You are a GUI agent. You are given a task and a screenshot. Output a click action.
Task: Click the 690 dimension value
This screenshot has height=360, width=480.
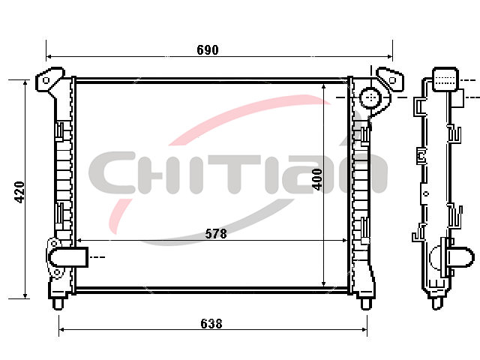pos(208,50)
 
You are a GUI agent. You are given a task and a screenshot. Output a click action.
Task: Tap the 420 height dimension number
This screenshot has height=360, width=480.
pos(19,192)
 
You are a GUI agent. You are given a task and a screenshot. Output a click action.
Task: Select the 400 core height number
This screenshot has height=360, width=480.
pos(317,179)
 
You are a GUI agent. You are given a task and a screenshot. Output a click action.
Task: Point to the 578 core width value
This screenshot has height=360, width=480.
pos(216,233)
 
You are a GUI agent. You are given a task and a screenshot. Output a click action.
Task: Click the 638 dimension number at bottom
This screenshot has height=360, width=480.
pos(211,323)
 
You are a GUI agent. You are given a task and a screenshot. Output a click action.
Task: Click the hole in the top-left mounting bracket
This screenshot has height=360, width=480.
pos(46,80)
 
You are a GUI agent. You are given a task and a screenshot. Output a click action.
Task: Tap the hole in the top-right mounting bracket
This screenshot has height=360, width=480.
pos(392,80)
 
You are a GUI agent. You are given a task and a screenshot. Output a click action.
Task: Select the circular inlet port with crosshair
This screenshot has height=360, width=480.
pos(371,97)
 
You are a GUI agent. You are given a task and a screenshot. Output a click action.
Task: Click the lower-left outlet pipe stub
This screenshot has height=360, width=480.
pos(68,256)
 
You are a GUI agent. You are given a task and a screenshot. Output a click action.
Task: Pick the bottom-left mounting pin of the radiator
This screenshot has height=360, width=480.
pos(58,304)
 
